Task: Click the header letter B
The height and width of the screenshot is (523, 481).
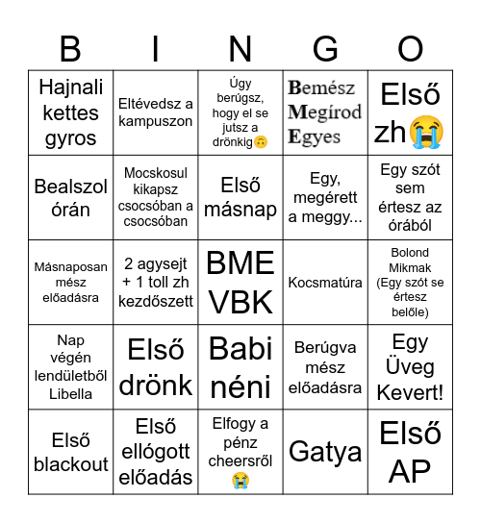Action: click(70, 47)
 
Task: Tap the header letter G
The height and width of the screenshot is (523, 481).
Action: click(326, 47)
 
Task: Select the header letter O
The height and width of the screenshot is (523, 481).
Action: click(411, 47)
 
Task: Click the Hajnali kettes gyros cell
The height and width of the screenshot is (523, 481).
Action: click(70, 112)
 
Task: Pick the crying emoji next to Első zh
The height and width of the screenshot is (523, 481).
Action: click(427, 131)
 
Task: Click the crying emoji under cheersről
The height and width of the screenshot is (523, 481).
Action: click(240, 479)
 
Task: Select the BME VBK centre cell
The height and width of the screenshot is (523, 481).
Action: click(240, 282)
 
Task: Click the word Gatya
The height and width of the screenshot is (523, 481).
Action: click(325, 452)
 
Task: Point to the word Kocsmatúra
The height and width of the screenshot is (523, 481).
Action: click(325, 283)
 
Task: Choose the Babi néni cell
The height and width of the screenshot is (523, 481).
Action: click(240, 366)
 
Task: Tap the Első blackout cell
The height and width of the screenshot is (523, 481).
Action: click(70, 452)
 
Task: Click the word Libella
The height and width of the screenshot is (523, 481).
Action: click(70, 393)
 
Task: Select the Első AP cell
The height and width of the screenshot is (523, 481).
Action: click(411, 452)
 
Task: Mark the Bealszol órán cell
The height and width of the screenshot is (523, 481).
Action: click(70, 197)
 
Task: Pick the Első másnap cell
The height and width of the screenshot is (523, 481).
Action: click(240, 197)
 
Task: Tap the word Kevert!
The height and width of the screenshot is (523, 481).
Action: click(411, 391)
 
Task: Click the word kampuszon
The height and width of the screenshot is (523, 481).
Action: click(156, 122)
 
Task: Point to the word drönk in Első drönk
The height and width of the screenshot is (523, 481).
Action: click(156, 385)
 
